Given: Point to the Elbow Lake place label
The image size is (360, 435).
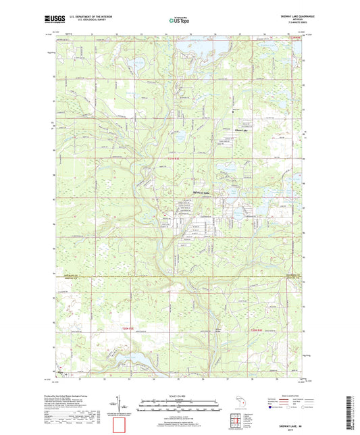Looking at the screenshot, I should click(241, 130).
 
